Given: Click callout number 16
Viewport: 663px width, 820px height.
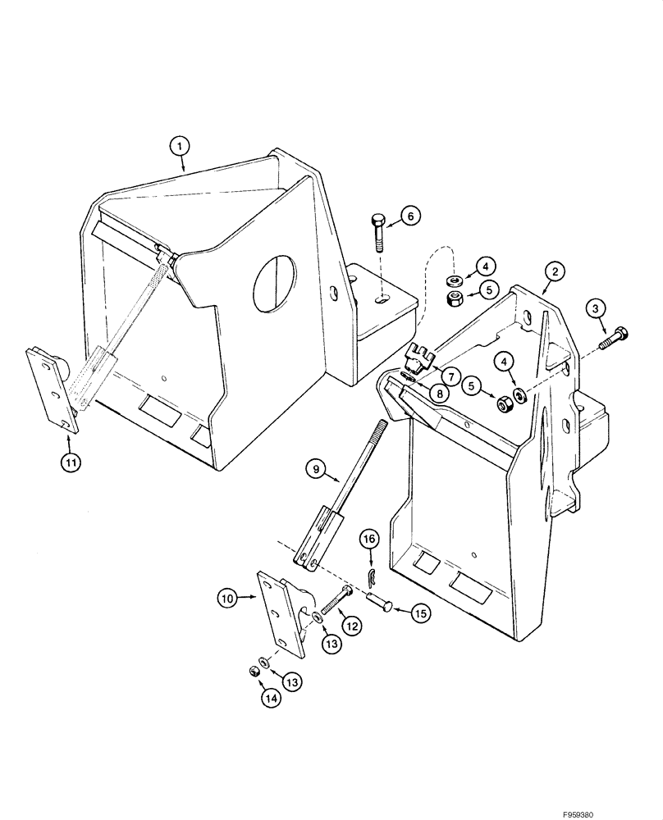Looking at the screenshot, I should [369, 538].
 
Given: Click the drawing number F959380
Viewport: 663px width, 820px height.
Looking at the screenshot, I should [627, 806].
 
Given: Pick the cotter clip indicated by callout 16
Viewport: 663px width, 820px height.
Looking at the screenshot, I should [371, 573].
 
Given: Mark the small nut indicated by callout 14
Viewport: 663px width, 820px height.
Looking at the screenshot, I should [254, 672].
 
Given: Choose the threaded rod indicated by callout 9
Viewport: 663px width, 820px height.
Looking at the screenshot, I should [354, 484].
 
